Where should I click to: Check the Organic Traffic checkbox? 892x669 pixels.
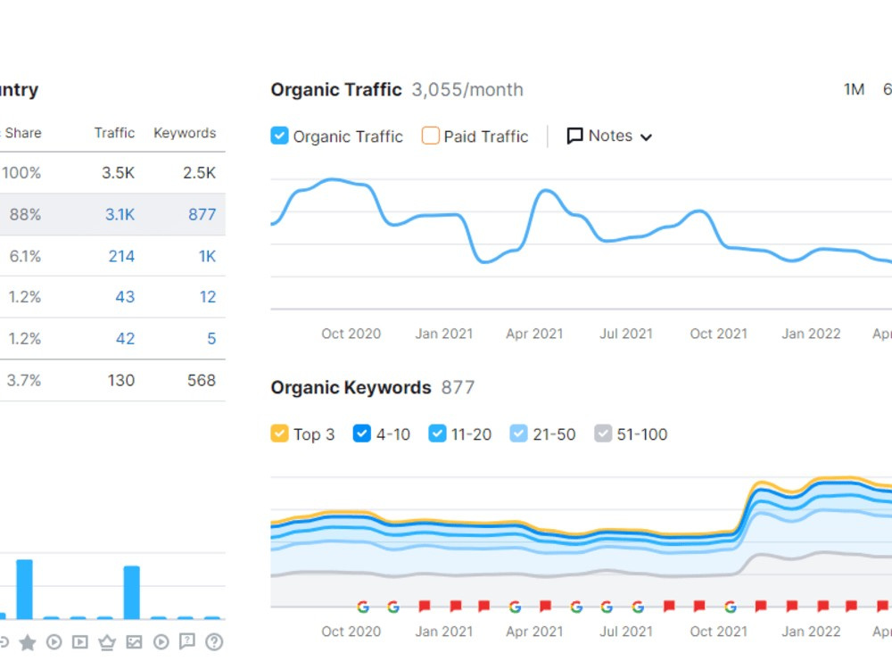[x=279, y=136]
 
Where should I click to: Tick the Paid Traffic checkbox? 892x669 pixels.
[x=430, y=136]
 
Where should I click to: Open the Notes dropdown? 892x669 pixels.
[x=609, y=136]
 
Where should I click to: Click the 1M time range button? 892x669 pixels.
[x=854, y=89]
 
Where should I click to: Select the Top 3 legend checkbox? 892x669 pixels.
[x=279, y=434]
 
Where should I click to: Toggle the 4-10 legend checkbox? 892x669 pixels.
[x=362, y=434]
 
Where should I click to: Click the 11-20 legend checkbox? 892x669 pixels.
[x=437, y=434]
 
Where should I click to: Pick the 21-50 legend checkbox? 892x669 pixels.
[x=519, y=434]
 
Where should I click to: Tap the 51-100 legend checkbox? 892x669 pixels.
[x=603, y=434]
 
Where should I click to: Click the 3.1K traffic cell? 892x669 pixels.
[x=120, y=214]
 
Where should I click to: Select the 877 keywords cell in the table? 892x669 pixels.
[x=202, y=214]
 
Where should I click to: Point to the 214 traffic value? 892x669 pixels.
[x=121, y=256]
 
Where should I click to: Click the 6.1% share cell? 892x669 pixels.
[x=25, y=256]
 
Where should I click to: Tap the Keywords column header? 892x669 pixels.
[x=185, y=133]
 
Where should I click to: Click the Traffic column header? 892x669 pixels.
[x=114, y=133]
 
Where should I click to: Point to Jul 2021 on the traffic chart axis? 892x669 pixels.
[x=626, y=334]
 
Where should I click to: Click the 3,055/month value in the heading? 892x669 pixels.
[x=467, y=90]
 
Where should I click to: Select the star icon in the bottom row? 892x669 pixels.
[x=28, y=643]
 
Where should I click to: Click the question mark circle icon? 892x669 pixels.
[x=214, y=642]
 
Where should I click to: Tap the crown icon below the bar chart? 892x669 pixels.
[x=107, y=642]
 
